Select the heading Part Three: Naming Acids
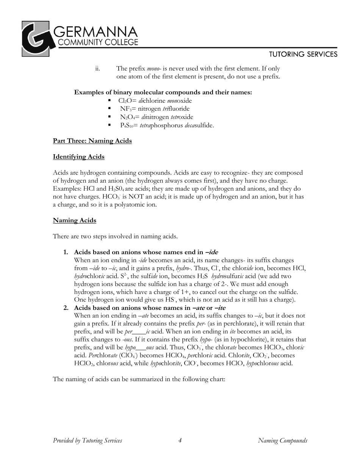coord(92,141)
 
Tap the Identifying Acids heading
coord(78,157)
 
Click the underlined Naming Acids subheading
coord(74,220)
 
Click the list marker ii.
coord(97,69)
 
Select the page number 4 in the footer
coord(180,441)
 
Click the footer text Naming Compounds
coord(282,441)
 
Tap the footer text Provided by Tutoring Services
coord(88,441)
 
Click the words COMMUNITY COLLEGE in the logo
coord(97,43)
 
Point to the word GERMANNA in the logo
coord(97,31)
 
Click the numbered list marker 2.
coord(66,308)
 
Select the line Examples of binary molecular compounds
coord(163,92)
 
